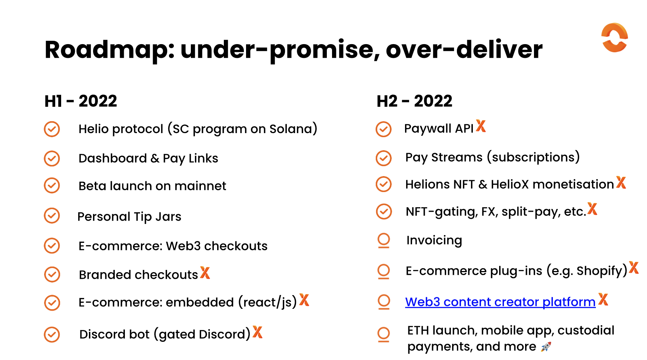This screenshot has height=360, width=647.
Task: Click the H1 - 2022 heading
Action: (81, 101)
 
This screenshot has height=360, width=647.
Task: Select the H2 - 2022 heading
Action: (414, 101)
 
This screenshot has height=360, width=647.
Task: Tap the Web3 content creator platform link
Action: (500, 302)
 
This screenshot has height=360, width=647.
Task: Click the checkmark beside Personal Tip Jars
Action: (52, 215)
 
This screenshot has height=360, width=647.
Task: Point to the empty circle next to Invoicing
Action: (384, 240)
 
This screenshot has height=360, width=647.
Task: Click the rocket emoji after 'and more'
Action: (546, 347)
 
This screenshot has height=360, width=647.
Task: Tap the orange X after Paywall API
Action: (481, 126)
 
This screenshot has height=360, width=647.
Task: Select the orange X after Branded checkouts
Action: (205, 273)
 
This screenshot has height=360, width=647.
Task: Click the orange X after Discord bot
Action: (258, 332)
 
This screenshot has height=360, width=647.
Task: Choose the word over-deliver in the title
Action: (464, 49)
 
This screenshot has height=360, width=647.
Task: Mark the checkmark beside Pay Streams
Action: (384, 158)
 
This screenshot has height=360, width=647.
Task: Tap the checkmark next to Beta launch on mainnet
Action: (52, 185)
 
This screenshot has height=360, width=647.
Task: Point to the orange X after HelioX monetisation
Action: (621, 182)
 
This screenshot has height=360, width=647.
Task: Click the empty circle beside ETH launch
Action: (384, 334)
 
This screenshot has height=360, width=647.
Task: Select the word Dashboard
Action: (113, 158)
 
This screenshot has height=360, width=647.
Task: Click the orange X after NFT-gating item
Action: (593, 209)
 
